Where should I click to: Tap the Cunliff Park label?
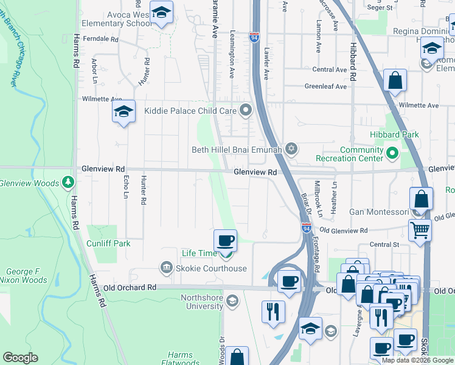point(108,243)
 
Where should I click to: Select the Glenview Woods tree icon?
point(69,182)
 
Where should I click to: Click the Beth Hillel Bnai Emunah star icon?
point(291,148)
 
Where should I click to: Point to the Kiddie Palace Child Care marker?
point(246,111)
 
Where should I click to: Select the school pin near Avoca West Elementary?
point(162,13)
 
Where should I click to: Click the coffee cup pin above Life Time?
point(225,240)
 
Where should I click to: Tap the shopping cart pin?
point(420,230)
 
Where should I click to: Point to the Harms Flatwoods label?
point(180,359)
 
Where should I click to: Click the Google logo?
point(20,358)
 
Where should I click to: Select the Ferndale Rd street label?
point(102,38)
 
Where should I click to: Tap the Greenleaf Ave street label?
point(325,86)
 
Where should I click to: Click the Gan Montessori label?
point(379,212)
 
